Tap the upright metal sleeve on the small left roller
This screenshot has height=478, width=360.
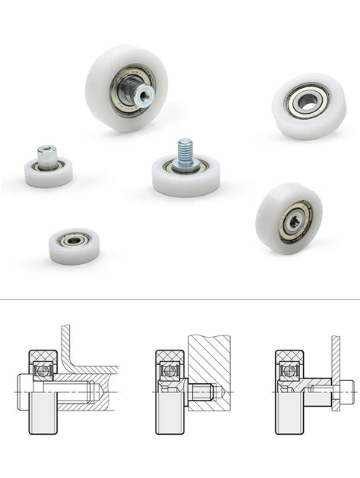coord(47,157)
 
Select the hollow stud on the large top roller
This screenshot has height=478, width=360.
coord(141,95)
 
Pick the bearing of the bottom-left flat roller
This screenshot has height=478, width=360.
coord(74,240)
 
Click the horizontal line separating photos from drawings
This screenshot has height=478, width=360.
coord(180,299)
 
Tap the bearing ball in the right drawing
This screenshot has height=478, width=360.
coord(289,371)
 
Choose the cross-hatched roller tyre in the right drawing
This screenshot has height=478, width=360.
coord(289,356)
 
